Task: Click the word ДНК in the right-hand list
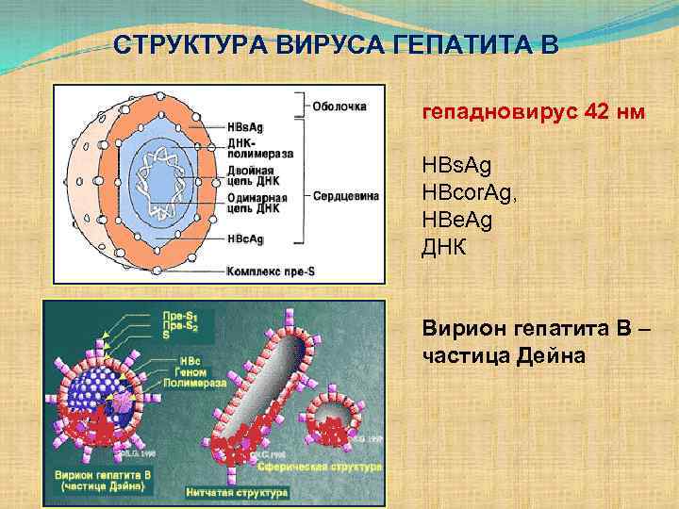(443, 242)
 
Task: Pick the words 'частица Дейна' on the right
(483, 356)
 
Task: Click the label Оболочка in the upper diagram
(339, 106)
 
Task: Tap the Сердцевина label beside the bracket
(347, 196)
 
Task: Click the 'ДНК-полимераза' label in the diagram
(259, 146)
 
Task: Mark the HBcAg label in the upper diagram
(246, 239)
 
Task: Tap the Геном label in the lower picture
(190, 372)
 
